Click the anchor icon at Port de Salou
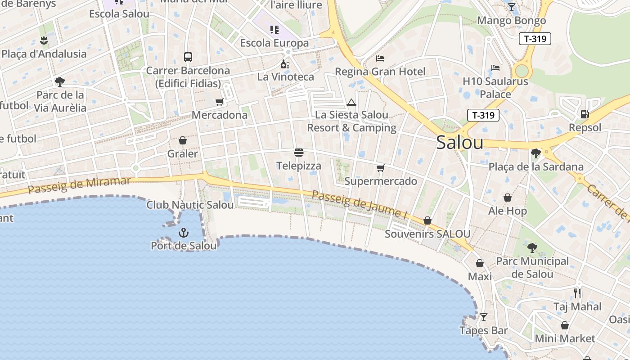coord(183,233)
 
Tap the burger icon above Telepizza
coord(299,153)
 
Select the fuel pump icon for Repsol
coord(585,114)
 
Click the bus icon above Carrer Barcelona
coord(188,57)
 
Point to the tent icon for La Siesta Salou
coord(351,102)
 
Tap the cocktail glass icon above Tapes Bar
coord(484,317)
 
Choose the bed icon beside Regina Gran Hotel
coord(380,58)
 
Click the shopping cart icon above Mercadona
coord(220,102)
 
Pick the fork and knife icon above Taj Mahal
coord(577,293)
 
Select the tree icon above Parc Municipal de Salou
coord(532,247)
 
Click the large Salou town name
coord(460,143)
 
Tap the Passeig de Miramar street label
coord(80,185)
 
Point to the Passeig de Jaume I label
coord(360,205)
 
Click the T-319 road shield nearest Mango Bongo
coord(535,39)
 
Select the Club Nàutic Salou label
coord(190,205)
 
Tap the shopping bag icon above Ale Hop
coord(508,198)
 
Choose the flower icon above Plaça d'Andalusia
coord(44,40)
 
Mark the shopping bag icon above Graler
coord(183,141)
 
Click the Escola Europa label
coord(274,43)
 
